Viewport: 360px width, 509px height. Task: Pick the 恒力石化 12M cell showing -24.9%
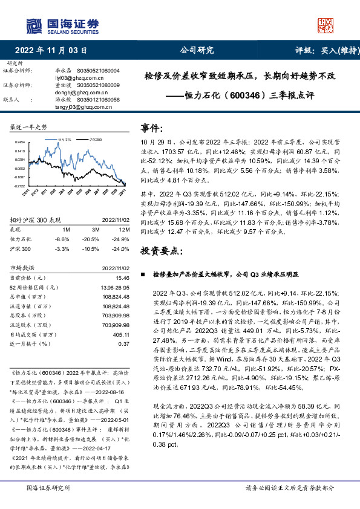tap(121, 239)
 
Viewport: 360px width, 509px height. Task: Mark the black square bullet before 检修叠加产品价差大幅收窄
tap(142, 274)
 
